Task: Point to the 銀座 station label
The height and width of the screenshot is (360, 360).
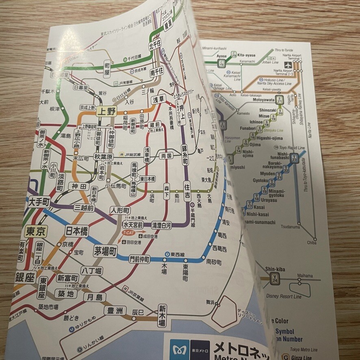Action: (x=25, y=278)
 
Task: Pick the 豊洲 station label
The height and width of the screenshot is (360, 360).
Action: (x=115, y=311)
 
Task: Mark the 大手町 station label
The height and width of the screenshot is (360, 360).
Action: (x=39, y=201)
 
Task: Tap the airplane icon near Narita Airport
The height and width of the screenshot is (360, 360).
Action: (x=289, y=65)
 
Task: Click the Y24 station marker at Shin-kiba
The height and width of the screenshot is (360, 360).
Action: (x=275, y=278)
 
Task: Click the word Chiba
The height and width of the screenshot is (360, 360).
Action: (x=312, y=243)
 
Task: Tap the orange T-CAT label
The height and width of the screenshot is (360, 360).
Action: (x=127, y=233)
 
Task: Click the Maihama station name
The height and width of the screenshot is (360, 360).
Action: (x=305, y=276)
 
